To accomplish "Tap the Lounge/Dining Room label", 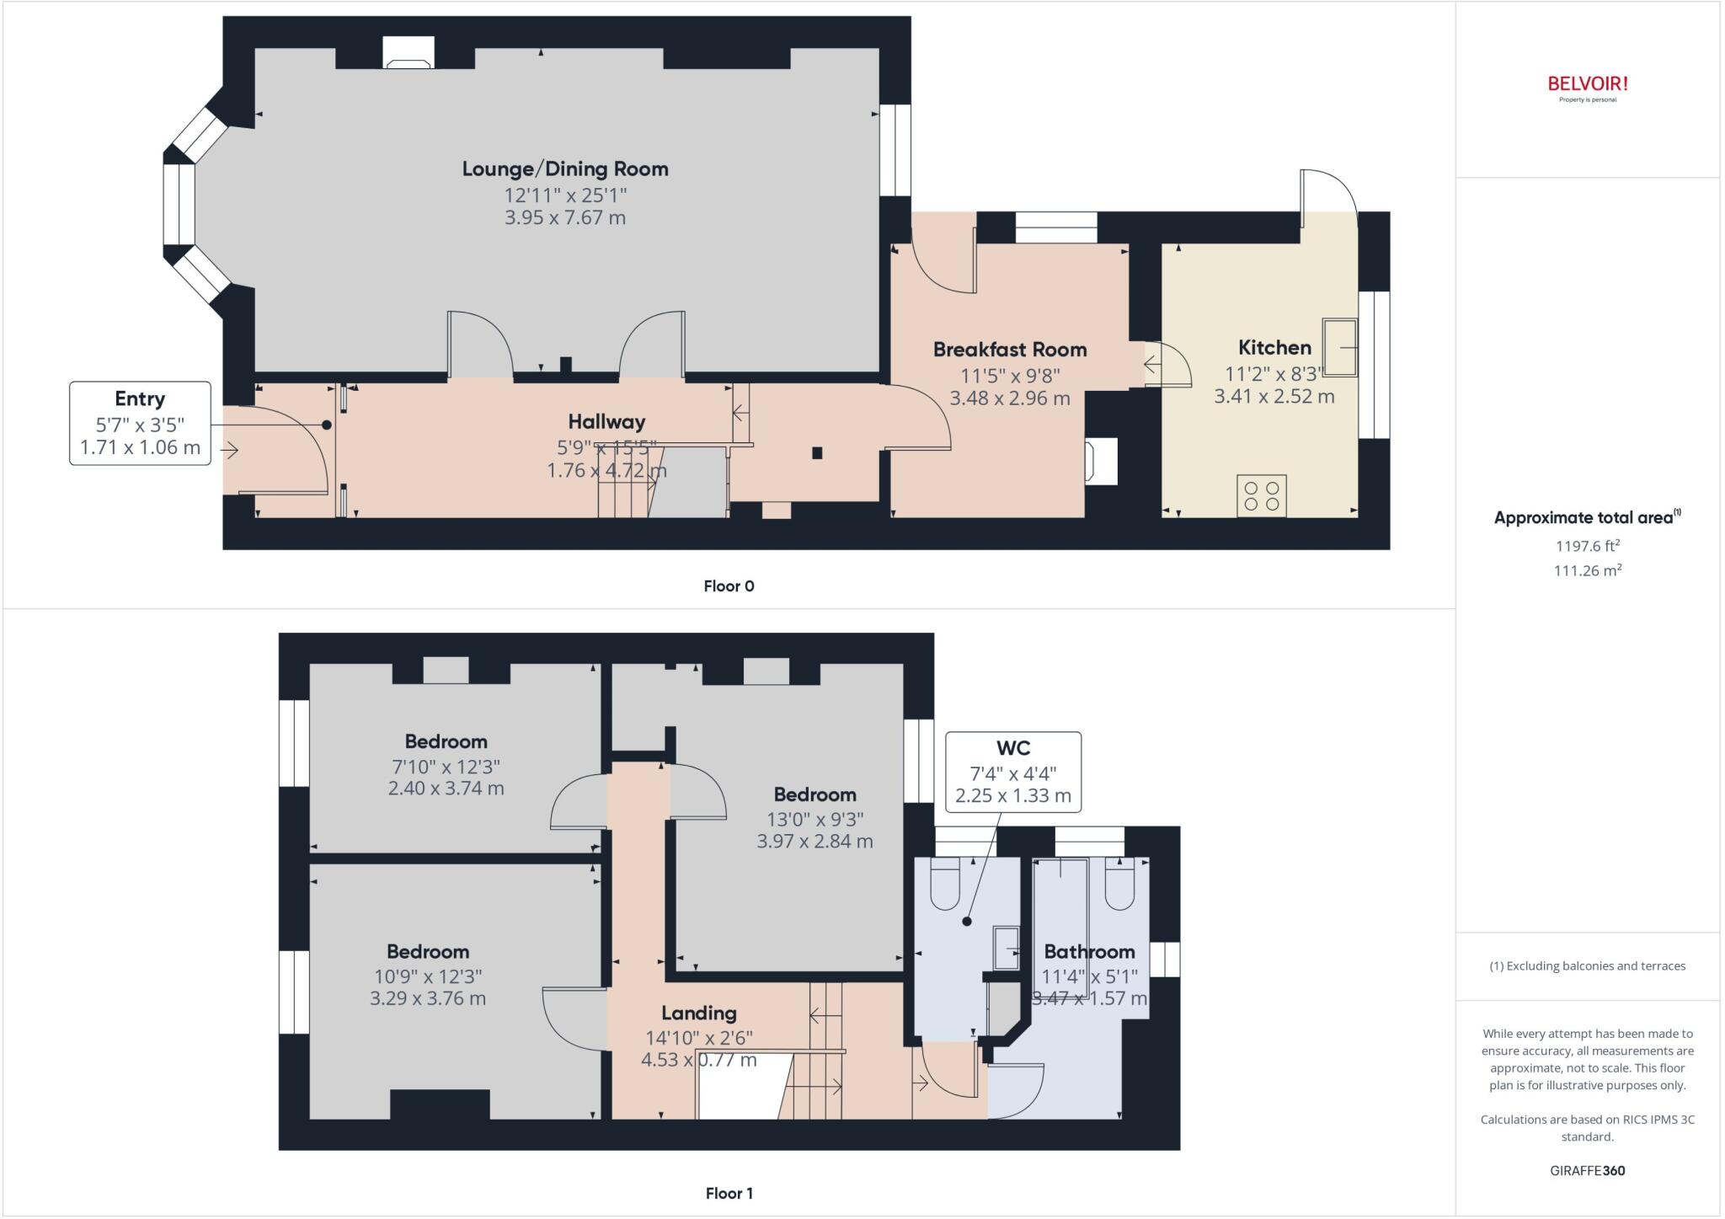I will coord(565,169).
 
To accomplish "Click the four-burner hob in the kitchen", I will coord(1261,495).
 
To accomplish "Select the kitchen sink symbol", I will coord(1339,346).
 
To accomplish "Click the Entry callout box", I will coord(140,423).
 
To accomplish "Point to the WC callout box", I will coord(1013,772).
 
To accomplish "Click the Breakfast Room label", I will coord(1010,350).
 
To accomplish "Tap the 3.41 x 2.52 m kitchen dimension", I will coord(1274,397).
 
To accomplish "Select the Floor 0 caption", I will coord(729,586).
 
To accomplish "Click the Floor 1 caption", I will coord(729,1193).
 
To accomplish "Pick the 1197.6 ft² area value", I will coord(1588,546).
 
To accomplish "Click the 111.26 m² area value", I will coord(1588,570).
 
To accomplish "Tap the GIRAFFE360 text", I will coord(1588,1170).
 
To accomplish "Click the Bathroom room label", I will coord(1089,952).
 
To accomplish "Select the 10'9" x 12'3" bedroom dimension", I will coord(428,976).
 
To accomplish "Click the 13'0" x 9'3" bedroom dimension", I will coord(814,819).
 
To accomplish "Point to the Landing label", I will coord(698,1013).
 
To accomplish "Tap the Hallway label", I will coord(606,422).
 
